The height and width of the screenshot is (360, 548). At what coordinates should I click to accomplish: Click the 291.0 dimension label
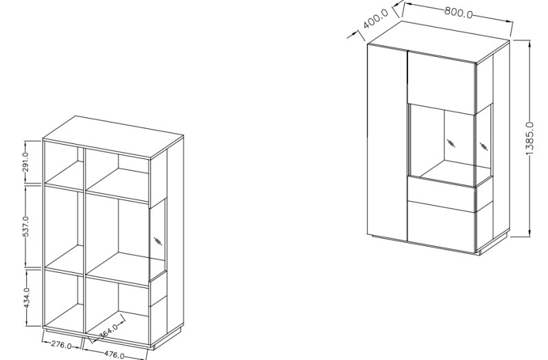(x=25, y=163)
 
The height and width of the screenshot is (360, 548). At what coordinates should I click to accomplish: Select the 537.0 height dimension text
(x=25, y=226)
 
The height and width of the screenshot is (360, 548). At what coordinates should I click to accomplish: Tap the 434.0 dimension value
(x=27, y=298)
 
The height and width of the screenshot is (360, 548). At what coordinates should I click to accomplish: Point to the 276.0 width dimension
(x=62, y=345)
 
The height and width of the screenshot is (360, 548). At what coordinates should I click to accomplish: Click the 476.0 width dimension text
(x=115, y=355)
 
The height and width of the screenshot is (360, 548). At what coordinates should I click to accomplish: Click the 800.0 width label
(x=459, y=12)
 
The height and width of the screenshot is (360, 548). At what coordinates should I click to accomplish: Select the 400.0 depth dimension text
(x=376, y=19)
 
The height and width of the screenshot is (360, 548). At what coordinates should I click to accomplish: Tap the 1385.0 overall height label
(x=530, y=139)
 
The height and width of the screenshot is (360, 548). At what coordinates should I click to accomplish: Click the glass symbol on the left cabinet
(x=158, y=241)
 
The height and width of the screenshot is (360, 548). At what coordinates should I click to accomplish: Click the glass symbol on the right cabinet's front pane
(x=451, y=143)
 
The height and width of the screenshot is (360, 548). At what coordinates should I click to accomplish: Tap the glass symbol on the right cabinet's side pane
(x=484, y=147)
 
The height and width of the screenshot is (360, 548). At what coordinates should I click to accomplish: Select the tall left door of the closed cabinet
(x=388, y=142)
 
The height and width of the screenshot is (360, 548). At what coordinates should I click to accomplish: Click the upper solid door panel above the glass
(x=442, y=82)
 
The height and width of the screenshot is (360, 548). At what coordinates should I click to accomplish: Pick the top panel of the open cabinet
(x=114, y=137)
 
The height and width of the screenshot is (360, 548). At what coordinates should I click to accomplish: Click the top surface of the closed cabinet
(x=439, y=43)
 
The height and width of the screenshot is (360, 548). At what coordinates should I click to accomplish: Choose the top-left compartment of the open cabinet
(x=64, y=163)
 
